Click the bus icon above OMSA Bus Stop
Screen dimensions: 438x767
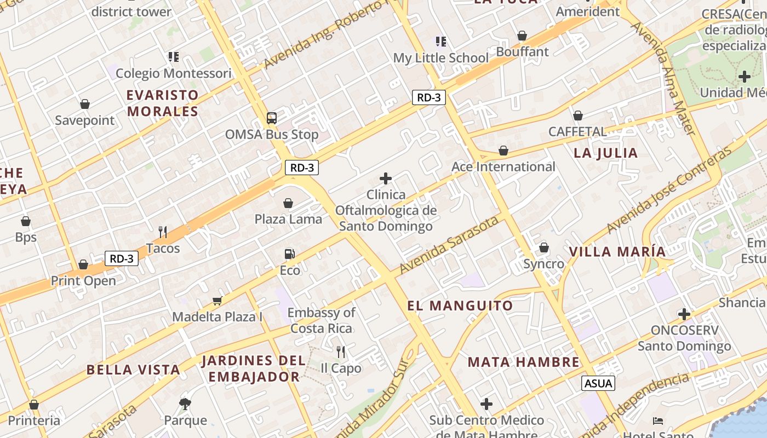click(272, 118)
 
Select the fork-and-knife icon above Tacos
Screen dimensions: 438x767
click(163, 232)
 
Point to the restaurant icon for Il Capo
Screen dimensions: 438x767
click(341, 351)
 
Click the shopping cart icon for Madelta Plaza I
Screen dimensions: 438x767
click(217, 300)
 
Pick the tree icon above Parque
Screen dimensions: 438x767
click(185, 404)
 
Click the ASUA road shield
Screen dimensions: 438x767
click(598, 383)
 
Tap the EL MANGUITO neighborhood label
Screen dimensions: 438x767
click(460, 306)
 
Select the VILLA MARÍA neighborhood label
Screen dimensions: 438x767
click(617, 252)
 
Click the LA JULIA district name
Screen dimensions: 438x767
click(606, 153)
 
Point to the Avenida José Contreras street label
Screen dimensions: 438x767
click(669, 189)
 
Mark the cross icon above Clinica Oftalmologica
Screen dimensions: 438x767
click(386, 178)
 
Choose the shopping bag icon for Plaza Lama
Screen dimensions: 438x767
click(288, 203)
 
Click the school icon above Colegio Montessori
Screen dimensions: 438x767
click(174, 56)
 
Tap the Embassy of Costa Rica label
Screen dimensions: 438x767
click(322, 320)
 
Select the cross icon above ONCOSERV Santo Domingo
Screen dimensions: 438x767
click(684, 314)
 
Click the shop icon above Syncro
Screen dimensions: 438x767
click(544, 247)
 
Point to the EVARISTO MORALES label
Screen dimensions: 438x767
click(162, 103)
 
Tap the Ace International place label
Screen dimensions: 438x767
click(503, 166)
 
